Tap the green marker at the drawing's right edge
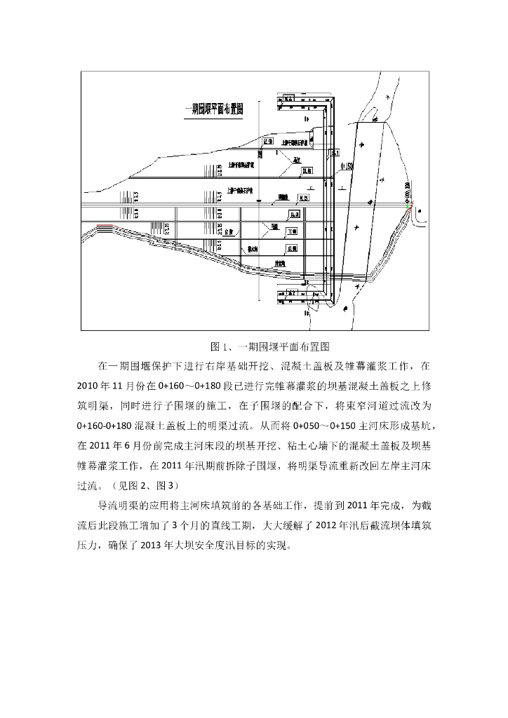(x=410, y=205)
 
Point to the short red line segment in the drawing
(x=103, y=226)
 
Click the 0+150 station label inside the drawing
(x=345, y=166)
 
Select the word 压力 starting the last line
(x=87, y=545)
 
